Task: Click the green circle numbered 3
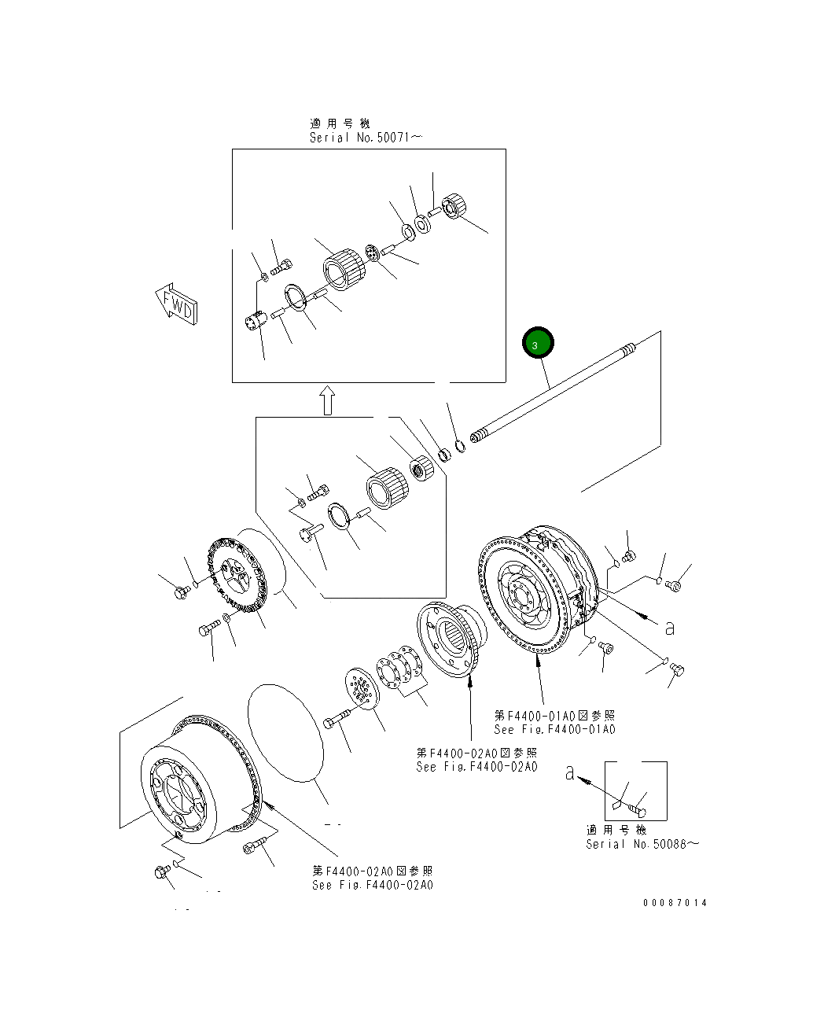pyautogui.click(x=538, y=342)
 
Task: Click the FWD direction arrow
pyautogui.click(x=176, y=304)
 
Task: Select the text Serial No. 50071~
pyautogui.click(x=366, y=138)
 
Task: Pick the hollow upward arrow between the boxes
pyautogui.click(x=327, y=400)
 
